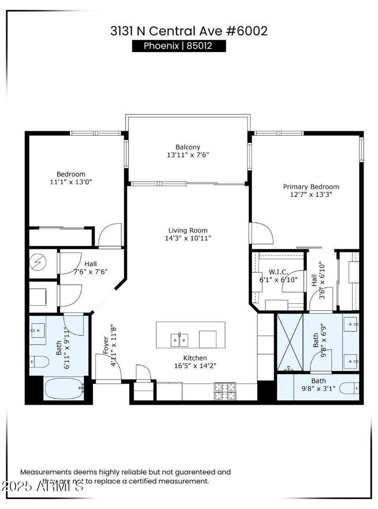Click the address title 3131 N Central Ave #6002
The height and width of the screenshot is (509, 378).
tap(189, 31)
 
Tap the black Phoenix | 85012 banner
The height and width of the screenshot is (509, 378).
tap(179, 46)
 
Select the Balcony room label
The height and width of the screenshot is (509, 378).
tap(188, 147)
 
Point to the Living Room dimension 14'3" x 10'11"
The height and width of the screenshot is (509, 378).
tap(184, 238)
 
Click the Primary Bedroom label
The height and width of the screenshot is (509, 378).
tap(311, 187)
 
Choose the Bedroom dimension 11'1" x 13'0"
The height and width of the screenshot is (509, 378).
tap(71, 182)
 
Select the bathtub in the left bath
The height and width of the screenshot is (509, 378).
tap(63, 388)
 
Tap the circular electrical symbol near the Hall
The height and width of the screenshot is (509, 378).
tap(37, 261)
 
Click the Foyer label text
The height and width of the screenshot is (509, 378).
tap(105, 345)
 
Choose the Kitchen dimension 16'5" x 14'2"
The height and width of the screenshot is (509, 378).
tap(196, 365)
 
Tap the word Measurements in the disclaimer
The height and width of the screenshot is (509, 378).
tap(45, 472)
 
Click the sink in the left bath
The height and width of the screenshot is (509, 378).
tap(38, 329)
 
